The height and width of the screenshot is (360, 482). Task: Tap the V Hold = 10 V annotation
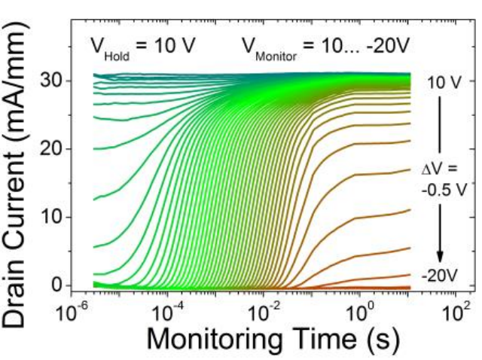pyautogui.click(x=142, y=46)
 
